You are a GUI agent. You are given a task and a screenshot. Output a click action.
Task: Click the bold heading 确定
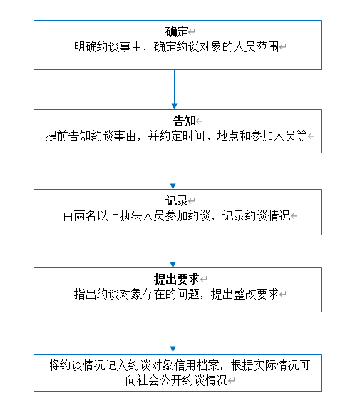tap(177, 31)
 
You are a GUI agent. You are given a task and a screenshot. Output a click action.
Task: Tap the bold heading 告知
tap(184, 121)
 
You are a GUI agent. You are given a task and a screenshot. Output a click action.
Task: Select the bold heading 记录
tap(177, 200)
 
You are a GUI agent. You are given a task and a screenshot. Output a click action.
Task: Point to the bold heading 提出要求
tap(177, 279)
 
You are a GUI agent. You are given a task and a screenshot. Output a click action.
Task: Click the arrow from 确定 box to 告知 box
tap(174, 89)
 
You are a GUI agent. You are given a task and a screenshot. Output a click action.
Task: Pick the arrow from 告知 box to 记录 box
tap(173, 171)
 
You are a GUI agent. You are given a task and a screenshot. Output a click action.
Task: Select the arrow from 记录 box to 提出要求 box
tap(173, 251)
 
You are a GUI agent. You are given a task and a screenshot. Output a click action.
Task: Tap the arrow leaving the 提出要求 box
tap(173, 332)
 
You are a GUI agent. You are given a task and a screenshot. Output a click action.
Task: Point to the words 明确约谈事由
tap(108, 47)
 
